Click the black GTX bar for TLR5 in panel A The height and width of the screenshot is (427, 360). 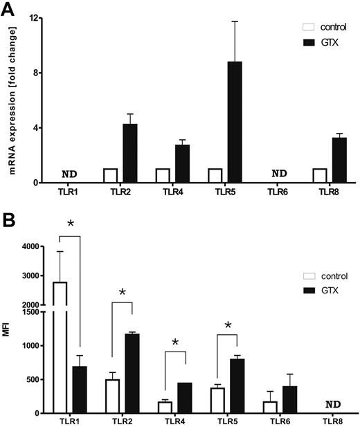click(x=235, y=122)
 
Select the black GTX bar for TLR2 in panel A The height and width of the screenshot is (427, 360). click(x=129, y=154)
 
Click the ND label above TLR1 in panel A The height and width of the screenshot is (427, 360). click(x=69, y=174)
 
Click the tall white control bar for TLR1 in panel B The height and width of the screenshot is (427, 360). click(x=60, y=346)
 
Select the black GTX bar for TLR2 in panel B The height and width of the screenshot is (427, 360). click(x=129, y=374)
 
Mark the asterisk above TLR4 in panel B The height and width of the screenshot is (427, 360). click(x=175, y=343)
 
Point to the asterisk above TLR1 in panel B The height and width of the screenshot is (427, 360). click(x=70, y=224)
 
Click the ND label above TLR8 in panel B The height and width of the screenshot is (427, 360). click(x=332, y=404)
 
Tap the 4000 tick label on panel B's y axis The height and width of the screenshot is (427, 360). click(x=30, y=246)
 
